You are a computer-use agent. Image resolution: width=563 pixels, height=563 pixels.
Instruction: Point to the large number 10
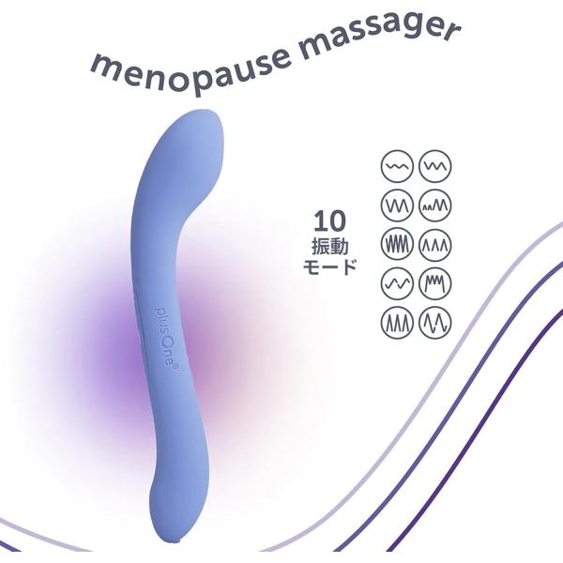(x=329, y=221)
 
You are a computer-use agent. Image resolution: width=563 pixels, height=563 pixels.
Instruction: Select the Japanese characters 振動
(x=329, y=247)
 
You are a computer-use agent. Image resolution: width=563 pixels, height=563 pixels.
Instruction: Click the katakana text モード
(x=329, y=267)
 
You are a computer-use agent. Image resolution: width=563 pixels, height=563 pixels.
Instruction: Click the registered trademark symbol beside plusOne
(x=175, y=366)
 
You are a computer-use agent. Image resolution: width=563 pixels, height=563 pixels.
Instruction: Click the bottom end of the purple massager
(x=178, y=549)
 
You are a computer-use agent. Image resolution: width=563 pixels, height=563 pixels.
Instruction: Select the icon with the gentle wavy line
(x=397, y=166)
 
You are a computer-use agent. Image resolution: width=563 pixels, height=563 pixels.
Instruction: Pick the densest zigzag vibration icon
(x=397, y=245)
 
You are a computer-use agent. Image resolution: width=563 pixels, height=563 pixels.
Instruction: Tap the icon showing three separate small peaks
(x=435, y=245)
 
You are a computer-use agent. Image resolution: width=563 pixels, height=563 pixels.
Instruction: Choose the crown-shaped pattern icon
(x=435, y=283)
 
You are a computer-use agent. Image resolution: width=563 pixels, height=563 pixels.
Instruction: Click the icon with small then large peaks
(x=435, y=205)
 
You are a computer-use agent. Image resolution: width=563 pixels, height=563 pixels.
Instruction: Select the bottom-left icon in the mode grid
(x=397, y=323)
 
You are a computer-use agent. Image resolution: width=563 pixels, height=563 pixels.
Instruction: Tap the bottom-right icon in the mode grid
(x=435, y=323)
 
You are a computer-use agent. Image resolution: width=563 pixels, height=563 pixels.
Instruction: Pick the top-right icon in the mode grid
(x=435, y=166)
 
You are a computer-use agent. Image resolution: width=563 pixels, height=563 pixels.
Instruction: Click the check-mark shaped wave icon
(x=397, y=283)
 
